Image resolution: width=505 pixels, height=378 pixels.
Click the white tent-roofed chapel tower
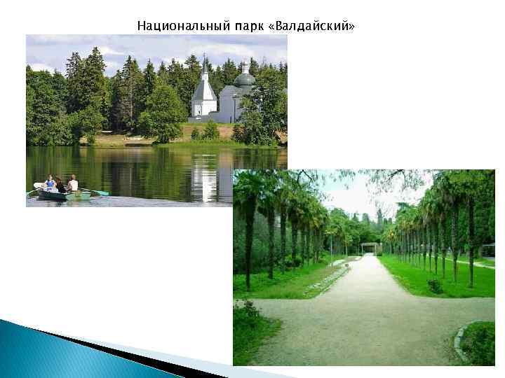(x=203, y=94)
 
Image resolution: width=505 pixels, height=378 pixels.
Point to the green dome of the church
(x=245, y=79)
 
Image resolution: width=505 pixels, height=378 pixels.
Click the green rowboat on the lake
(x=64, y=195)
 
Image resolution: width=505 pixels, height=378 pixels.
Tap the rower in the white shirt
(x=72, y=183)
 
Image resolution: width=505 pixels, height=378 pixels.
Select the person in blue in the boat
(x=49, y=183)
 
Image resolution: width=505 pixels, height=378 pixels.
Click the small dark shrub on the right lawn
(x=435, y=286)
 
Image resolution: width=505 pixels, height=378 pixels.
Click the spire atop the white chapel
(x=203, y=62)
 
